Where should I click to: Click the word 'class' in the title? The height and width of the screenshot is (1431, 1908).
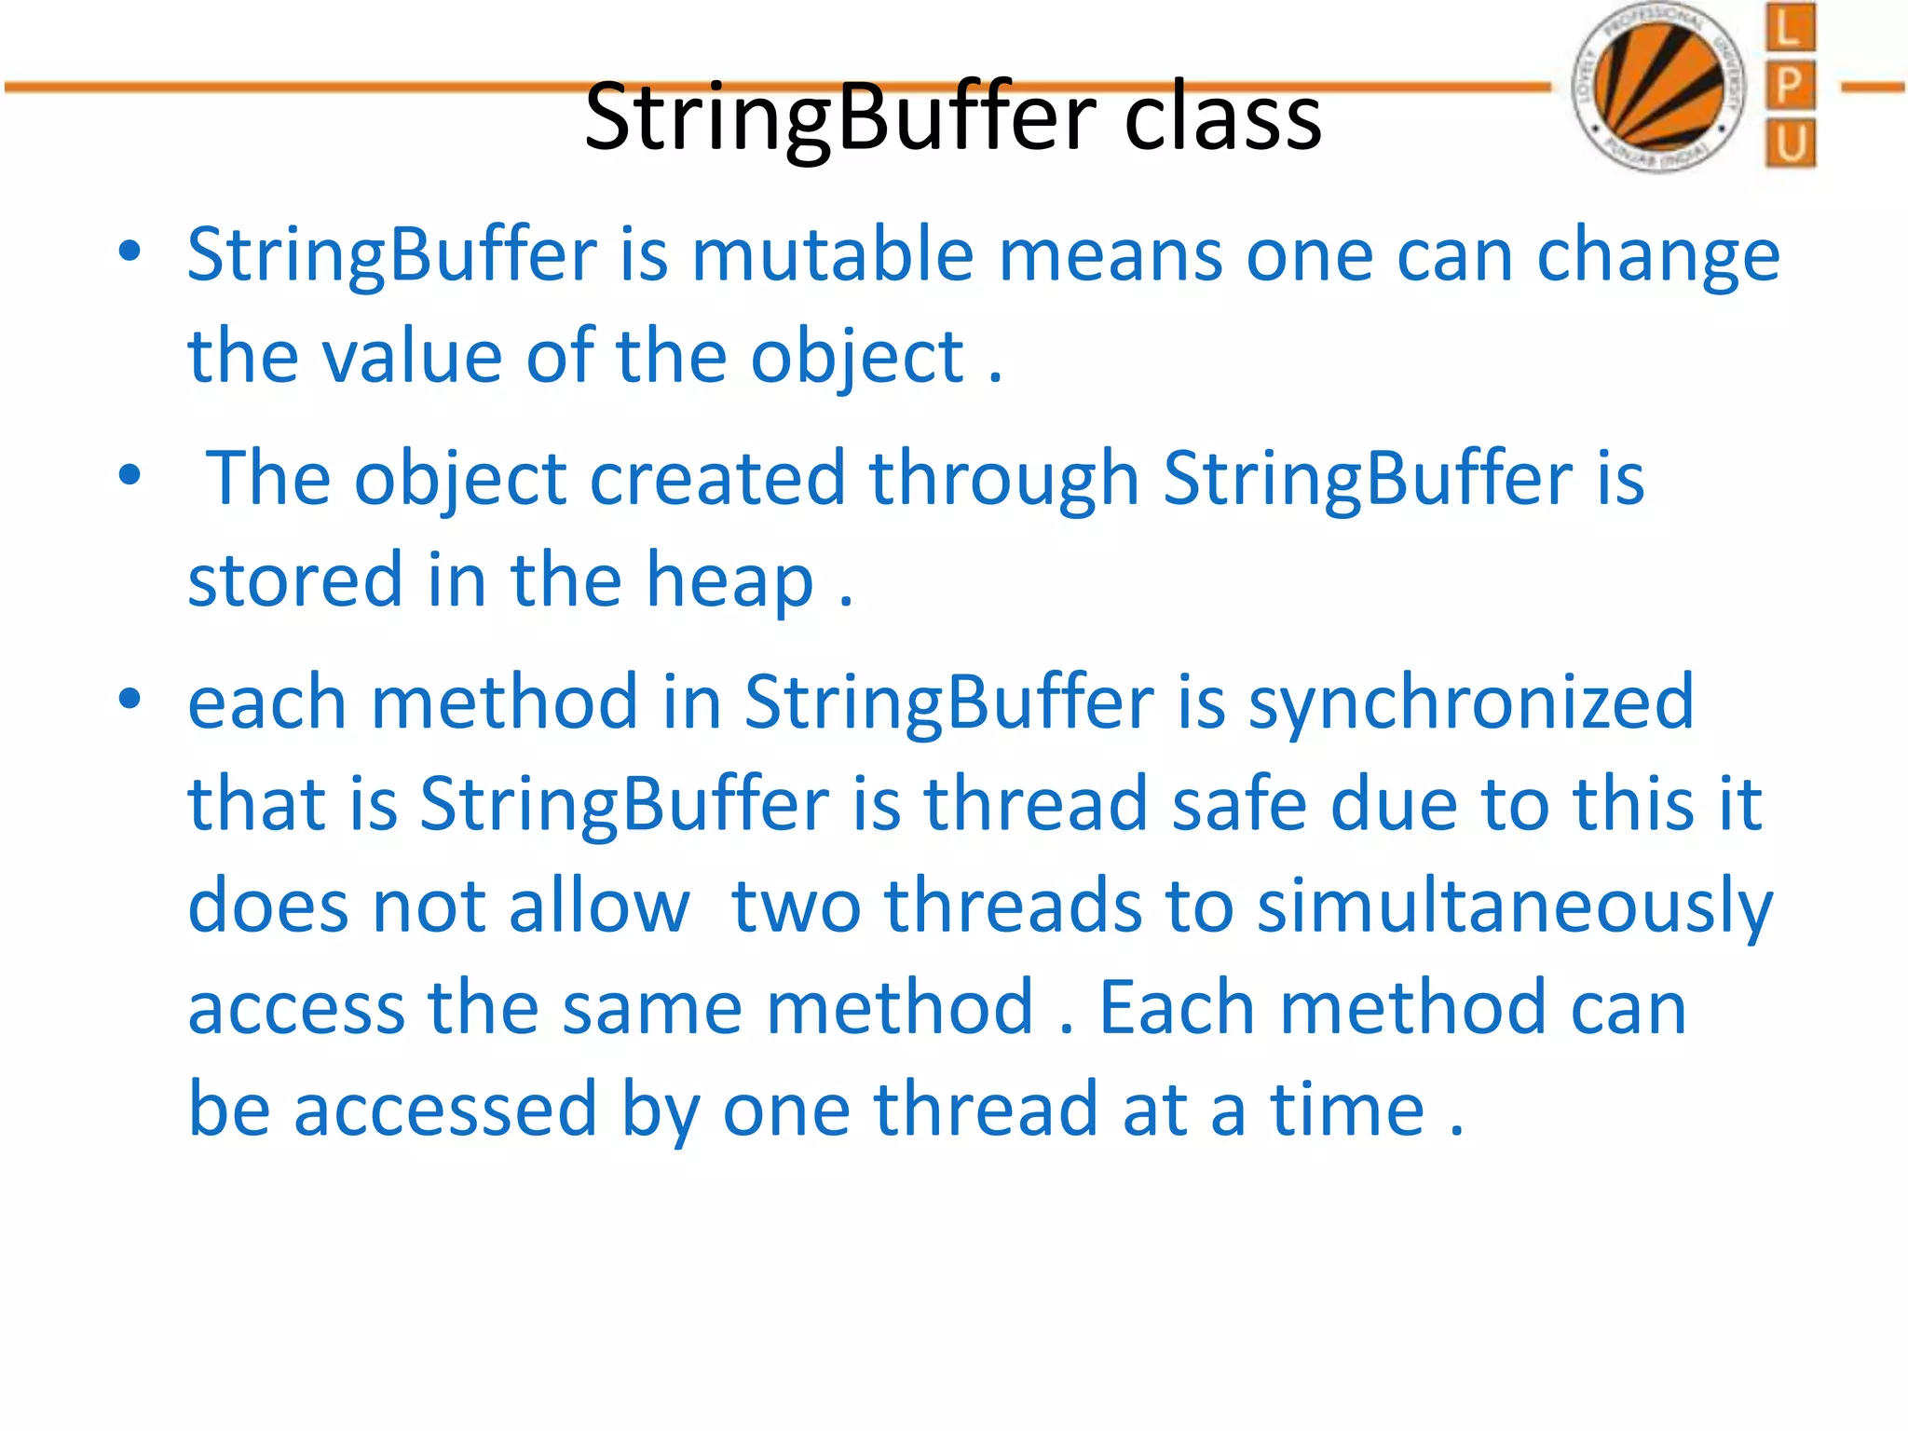point(1222,118)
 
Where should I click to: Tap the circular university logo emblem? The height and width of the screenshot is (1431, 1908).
point(1657,89)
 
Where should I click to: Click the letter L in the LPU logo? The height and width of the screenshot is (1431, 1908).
point(1789,28)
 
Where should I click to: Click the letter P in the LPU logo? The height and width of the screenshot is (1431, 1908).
point(1789,87)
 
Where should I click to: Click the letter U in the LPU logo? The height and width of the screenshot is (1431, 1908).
point(1789,144)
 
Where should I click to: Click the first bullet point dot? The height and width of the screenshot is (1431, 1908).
point(129,252)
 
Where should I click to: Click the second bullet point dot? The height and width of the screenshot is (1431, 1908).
point(129,475)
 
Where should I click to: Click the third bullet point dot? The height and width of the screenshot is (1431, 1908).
point(129,699)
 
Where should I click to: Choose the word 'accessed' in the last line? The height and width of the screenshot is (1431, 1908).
point(444,1110)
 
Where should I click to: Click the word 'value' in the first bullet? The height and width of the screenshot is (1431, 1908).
point(411,357)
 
